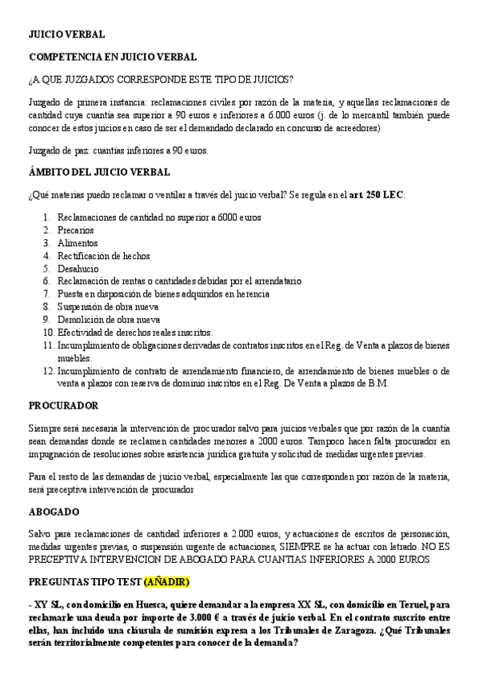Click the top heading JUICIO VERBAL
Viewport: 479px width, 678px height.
tap(66, 36)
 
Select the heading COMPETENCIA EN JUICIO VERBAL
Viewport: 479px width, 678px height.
tap(113, 58)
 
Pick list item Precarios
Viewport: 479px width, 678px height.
tap(75, 229)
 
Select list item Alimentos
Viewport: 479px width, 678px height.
tap(78, 242)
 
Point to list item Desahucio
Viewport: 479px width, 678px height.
tap(78, 268)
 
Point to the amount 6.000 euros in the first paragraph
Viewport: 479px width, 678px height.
tap(315, 114)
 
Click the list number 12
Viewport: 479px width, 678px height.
tap(49, 370)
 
